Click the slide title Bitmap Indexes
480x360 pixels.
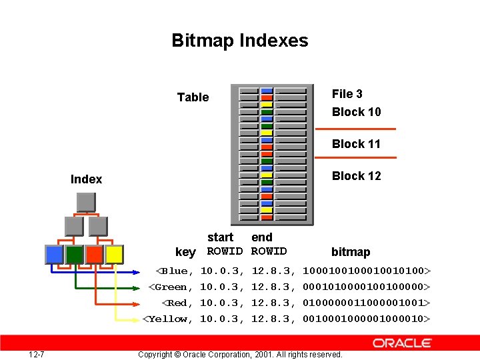(x=240, y=41)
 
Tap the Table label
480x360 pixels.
(x=193, y=97)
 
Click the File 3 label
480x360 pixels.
(x=347, y=94)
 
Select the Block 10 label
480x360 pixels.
(x=356, y=112)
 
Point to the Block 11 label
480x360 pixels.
(x=356, y=144)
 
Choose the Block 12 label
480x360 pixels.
(x=356, y=176)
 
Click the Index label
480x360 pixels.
(x=86, y=179)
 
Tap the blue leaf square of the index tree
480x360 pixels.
(x=54, y=254)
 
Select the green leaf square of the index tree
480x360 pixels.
(x=74, y=254)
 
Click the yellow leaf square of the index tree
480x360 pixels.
(x=114, y=254)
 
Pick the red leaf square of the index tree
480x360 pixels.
(x=94, y=254)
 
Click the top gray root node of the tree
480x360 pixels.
(x=85, y=202)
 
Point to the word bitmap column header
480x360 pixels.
(x=351, y=252)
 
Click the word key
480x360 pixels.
(x=185, y=252)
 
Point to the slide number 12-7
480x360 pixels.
(x=37, y=354)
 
